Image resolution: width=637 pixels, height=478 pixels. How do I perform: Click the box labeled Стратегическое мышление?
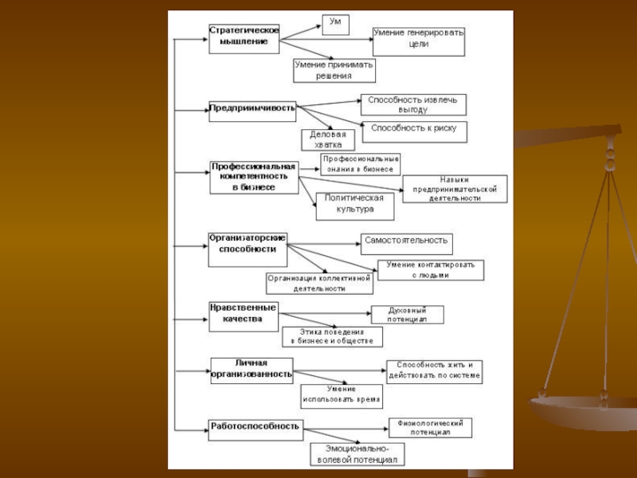coord(244,37)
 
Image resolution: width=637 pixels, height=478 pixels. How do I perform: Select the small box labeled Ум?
coord(335,23)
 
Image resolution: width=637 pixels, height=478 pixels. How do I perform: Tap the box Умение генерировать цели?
coord(418,41)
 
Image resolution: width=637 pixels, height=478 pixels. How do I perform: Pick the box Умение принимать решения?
coord(334,70)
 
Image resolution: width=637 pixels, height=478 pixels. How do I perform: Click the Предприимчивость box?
coord(252,108)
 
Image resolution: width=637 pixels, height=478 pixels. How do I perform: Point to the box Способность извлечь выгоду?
coord(413,104)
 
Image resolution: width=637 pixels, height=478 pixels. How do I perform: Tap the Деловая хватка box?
coord(327,140)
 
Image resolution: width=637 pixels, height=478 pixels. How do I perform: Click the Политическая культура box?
coord(354,206)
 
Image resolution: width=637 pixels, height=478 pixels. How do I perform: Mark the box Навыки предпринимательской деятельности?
coord(454,189)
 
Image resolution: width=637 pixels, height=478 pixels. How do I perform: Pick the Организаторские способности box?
coord(248,248)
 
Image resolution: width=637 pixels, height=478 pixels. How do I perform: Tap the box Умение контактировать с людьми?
coord(430,269)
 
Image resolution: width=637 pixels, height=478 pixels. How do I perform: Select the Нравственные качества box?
coord(244,315)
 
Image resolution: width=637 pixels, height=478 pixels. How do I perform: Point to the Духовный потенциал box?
coord(407,314)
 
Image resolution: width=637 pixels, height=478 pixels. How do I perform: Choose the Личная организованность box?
coord(252,370)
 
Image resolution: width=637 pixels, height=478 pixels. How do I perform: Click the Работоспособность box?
coord(255,429)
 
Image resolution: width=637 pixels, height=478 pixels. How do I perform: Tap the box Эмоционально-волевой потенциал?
coord(357,454)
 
